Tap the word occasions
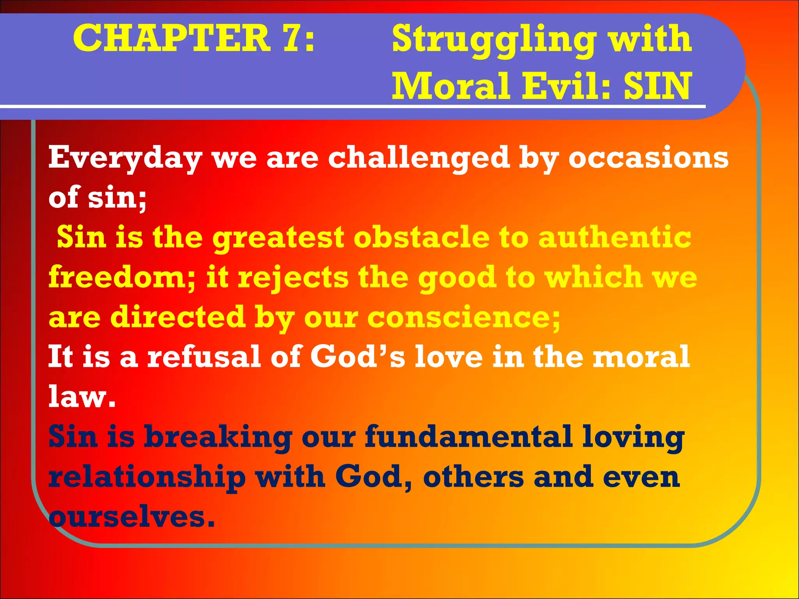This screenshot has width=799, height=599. click(x=648, y=158)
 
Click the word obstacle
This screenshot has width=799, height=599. click(x=421, y=237)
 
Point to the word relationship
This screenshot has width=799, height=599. click(x=147, y=477)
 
